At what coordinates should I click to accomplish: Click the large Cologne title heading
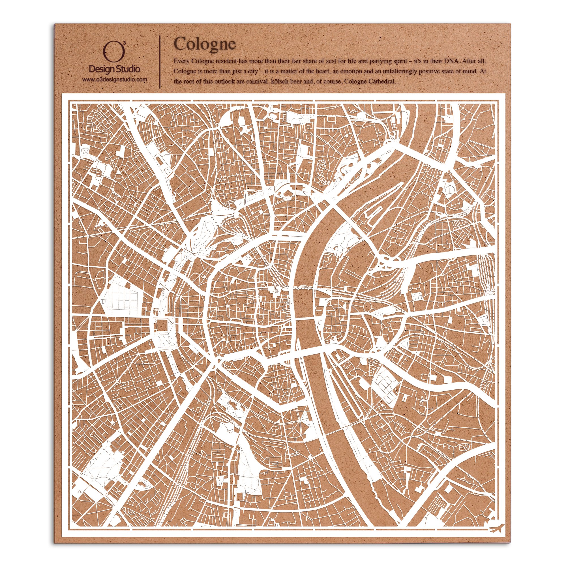click(x=205, y=44)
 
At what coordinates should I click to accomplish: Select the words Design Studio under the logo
click(x=114, y=69)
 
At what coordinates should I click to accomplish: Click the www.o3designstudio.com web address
click(x=114, y=80)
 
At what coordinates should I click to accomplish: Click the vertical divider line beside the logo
click(x=160, y=62)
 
